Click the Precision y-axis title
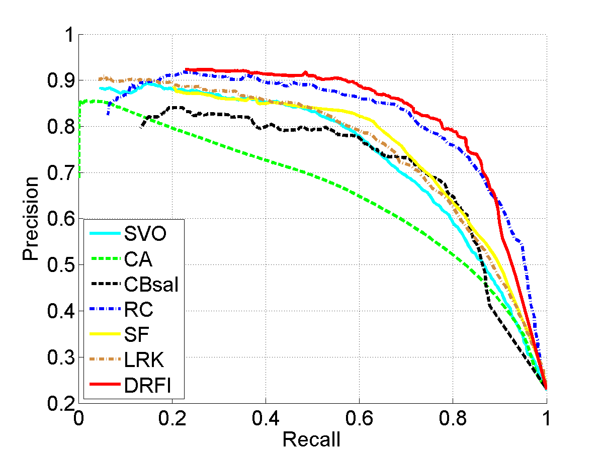30,218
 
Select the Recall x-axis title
311,440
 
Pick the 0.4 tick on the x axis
266,418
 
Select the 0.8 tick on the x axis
453,418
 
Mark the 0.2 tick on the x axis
172,418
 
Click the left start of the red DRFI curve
186,69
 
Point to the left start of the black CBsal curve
141,127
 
